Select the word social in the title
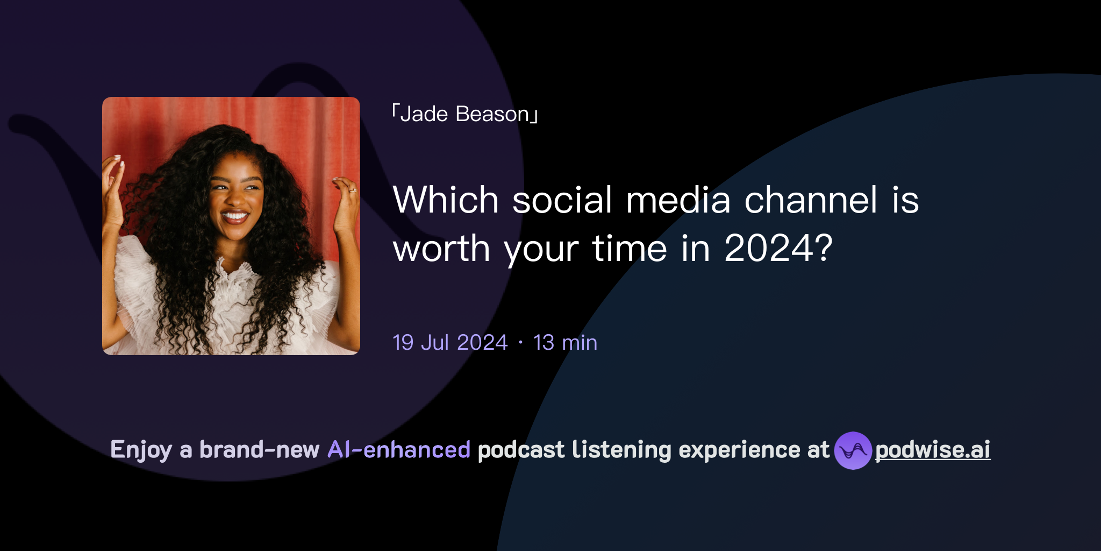point(562,200)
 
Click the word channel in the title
point(811,200)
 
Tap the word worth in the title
point(441,249)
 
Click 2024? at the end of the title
point(778,249)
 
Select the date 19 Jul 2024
point(450,343)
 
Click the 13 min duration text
point(565,343)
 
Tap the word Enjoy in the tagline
point(141,450)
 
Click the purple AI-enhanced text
point(399,450)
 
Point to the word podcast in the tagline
point(521,450)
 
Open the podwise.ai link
point(933,450)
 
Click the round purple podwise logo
point(853,450)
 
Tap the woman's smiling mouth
point(234,217)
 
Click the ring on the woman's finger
point(353,190)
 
